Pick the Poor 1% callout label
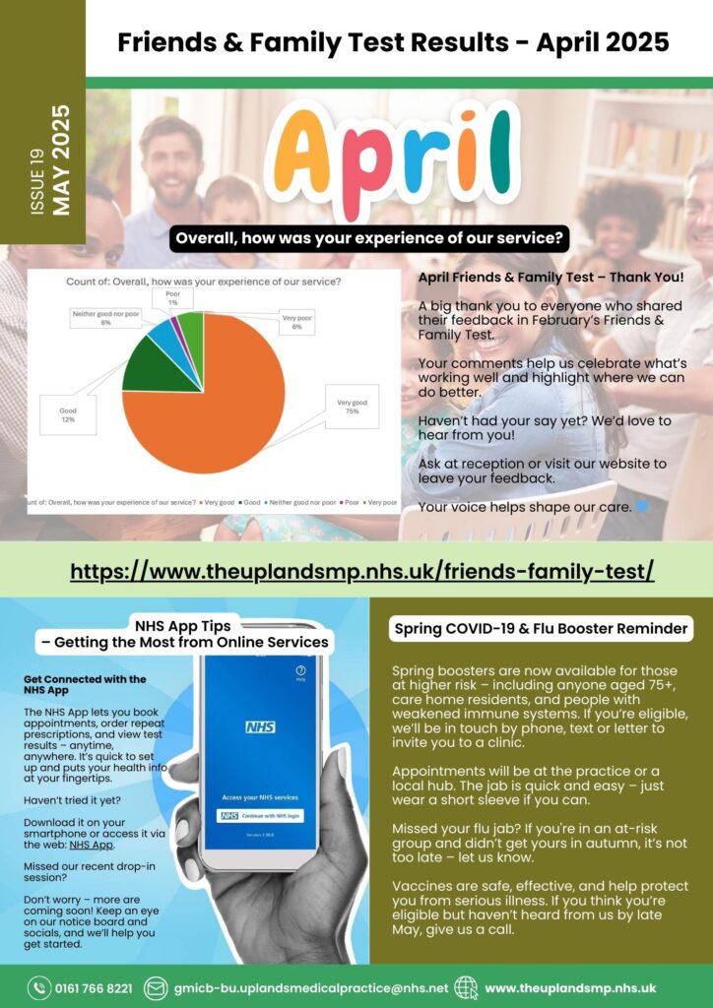click(x=173, y=298)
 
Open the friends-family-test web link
click(x=362, y=571)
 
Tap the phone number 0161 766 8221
click(x=94, y=987)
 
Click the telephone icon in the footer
click(x=39, y=987)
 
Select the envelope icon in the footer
click(x=156, y=987)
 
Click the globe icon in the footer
click(x=466, y=987)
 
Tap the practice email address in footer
click(x=310, y=987)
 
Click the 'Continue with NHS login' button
click(x=275, y=815)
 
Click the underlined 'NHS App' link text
click(x=86, y=845)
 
